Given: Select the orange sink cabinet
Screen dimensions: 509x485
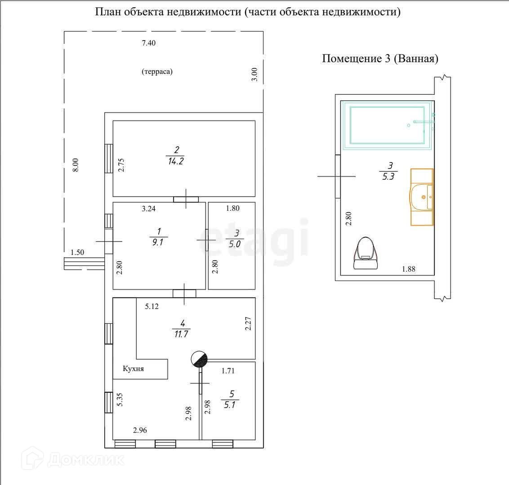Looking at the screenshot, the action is point(422,197).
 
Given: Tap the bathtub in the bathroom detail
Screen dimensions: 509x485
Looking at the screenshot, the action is point(387,125).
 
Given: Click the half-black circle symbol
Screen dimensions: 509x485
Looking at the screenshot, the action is point(200,359).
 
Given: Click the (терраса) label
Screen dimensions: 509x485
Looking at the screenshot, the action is point(157,72).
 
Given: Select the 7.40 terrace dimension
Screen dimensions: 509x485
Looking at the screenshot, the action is point(151,43).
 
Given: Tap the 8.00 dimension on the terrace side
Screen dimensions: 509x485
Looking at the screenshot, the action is point(76,164).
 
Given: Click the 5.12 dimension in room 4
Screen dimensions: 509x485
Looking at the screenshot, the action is point(152,307).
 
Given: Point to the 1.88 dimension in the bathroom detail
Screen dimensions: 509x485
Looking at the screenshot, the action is point(408,269).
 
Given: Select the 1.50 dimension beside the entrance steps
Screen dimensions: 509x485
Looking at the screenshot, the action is point(77,253).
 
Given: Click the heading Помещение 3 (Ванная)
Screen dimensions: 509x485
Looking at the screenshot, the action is point(380,59).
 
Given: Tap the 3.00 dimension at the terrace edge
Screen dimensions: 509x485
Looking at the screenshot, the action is point(254,74).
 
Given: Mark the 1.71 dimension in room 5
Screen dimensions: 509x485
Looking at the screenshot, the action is point(228,371).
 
